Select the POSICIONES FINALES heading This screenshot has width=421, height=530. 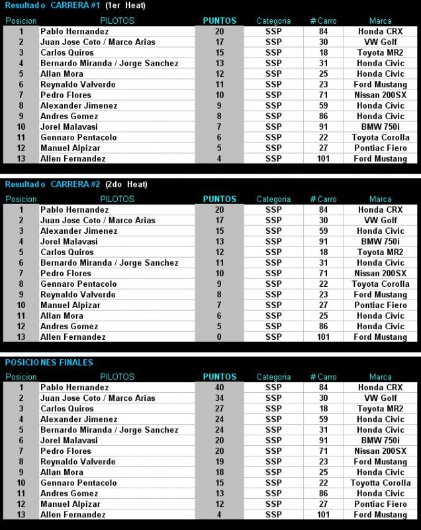click(x=49, y=362)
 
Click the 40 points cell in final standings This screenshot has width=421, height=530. click(x=219, y=388)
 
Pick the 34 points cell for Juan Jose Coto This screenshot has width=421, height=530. click(x=219, y=398)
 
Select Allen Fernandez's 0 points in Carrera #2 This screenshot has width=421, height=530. click(x=219, y=337)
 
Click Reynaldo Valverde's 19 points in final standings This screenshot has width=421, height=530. click(x=219, y=462)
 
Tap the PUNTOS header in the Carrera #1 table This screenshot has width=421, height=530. click(x=219, y=21)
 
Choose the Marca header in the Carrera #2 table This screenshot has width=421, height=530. click(x=380, y=199)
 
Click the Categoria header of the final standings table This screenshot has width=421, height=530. click(x=273, y=377)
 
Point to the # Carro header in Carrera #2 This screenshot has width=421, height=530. click(x=323, y=199)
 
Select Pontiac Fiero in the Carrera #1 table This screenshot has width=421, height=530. click(x=380, y=148)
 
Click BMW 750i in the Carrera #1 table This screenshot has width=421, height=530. click(x=380, y=127)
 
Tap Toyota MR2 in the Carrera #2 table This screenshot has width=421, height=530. click(x=380, y=252)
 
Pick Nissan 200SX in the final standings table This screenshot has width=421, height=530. click(x=380, y=451)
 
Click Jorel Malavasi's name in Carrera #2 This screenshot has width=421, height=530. click(x=69, y=242)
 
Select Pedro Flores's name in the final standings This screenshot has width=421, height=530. click(x=66, y=451)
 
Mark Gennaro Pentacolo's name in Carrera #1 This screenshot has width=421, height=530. click(x=78, y=138)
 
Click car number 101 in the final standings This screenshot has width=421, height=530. click(x=323, y=515)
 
